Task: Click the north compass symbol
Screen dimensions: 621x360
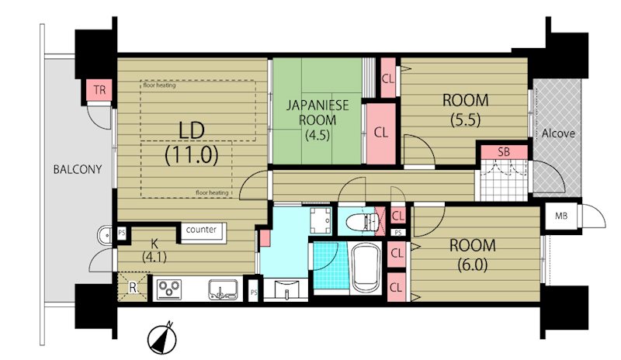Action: click(x=162, y=338)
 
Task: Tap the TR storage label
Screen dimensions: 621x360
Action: click(x=100, y=90)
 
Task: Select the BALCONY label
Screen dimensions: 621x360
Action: click(x=78, y=169)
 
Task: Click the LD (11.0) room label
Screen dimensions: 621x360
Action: click(x=192, y=143)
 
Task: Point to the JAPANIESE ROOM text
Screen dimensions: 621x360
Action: click(x=317, y=112)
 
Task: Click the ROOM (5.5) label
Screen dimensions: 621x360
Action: click(x=465, y=109)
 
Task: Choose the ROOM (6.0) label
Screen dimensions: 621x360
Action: click(x=473, y=254)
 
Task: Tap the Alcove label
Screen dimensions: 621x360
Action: click(x=558, y=133)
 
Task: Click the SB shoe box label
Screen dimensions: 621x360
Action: click(x=504, y=152)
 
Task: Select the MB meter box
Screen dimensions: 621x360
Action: click(x=560, y=216)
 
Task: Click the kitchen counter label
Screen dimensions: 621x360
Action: click(x=201, y=230)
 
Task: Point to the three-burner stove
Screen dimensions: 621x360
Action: click(x=169, y=289)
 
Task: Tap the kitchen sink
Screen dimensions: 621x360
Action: click(x=223, y=289)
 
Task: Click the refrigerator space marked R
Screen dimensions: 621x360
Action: click(x=133, y=288)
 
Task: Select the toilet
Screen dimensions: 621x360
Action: click(x=362, y=223)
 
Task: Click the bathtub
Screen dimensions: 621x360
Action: click(x=366, y=268)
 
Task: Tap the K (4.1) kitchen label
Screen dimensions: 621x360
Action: click(x=154, y=250)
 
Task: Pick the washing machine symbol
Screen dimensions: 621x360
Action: click(x=321, y=220)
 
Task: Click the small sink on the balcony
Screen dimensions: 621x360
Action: click(x=105, y=235)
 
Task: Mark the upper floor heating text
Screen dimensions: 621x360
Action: click(x=160, y=85)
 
